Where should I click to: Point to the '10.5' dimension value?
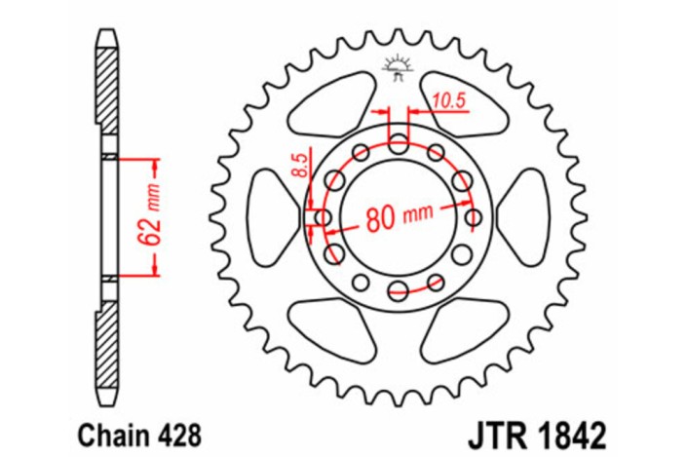click(443, 98)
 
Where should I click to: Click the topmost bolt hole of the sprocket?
click(398, 146)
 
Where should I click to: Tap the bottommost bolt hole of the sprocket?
click(398, 288)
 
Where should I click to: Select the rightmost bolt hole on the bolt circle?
click(475, 217)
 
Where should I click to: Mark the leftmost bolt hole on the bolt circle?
click(323, 217)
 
